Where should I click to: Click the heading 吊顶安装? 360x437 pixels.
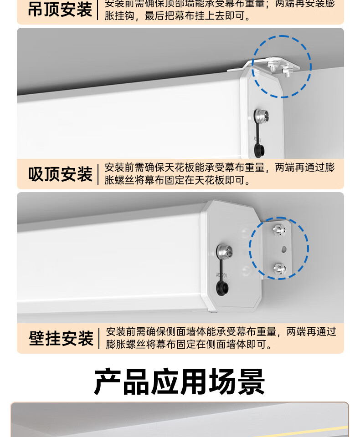(x=60, y=10)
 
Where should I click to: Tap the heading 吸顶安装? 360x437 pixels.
(x=60, y=174)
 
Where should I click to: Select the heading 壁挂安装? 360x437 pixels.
(x=61, y=339)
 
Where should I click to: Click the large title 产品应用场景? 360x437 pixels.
(x=180, y=381)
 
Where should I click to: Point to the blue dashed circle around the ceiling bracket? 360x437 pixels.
(x=282, y=66)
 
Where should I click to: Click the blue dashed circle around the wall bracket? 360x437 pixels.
(x=279, y=248)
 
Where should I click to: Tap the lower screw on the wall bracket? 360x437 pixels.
(x=278, y=267)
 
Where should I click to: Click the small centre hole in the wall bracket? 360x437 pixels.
(x=284, y=249)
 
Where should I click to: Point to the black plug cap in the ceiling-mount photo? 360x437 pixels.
(x=258, y=148)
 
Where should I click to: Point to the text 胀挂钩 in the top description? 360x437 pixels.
(x=120, y=17)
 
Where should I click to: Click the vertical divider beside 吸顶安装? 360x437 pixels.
(x=98, y=174)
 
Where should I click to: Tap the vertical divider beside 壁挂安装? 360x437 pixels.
(x=99, y=339)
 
